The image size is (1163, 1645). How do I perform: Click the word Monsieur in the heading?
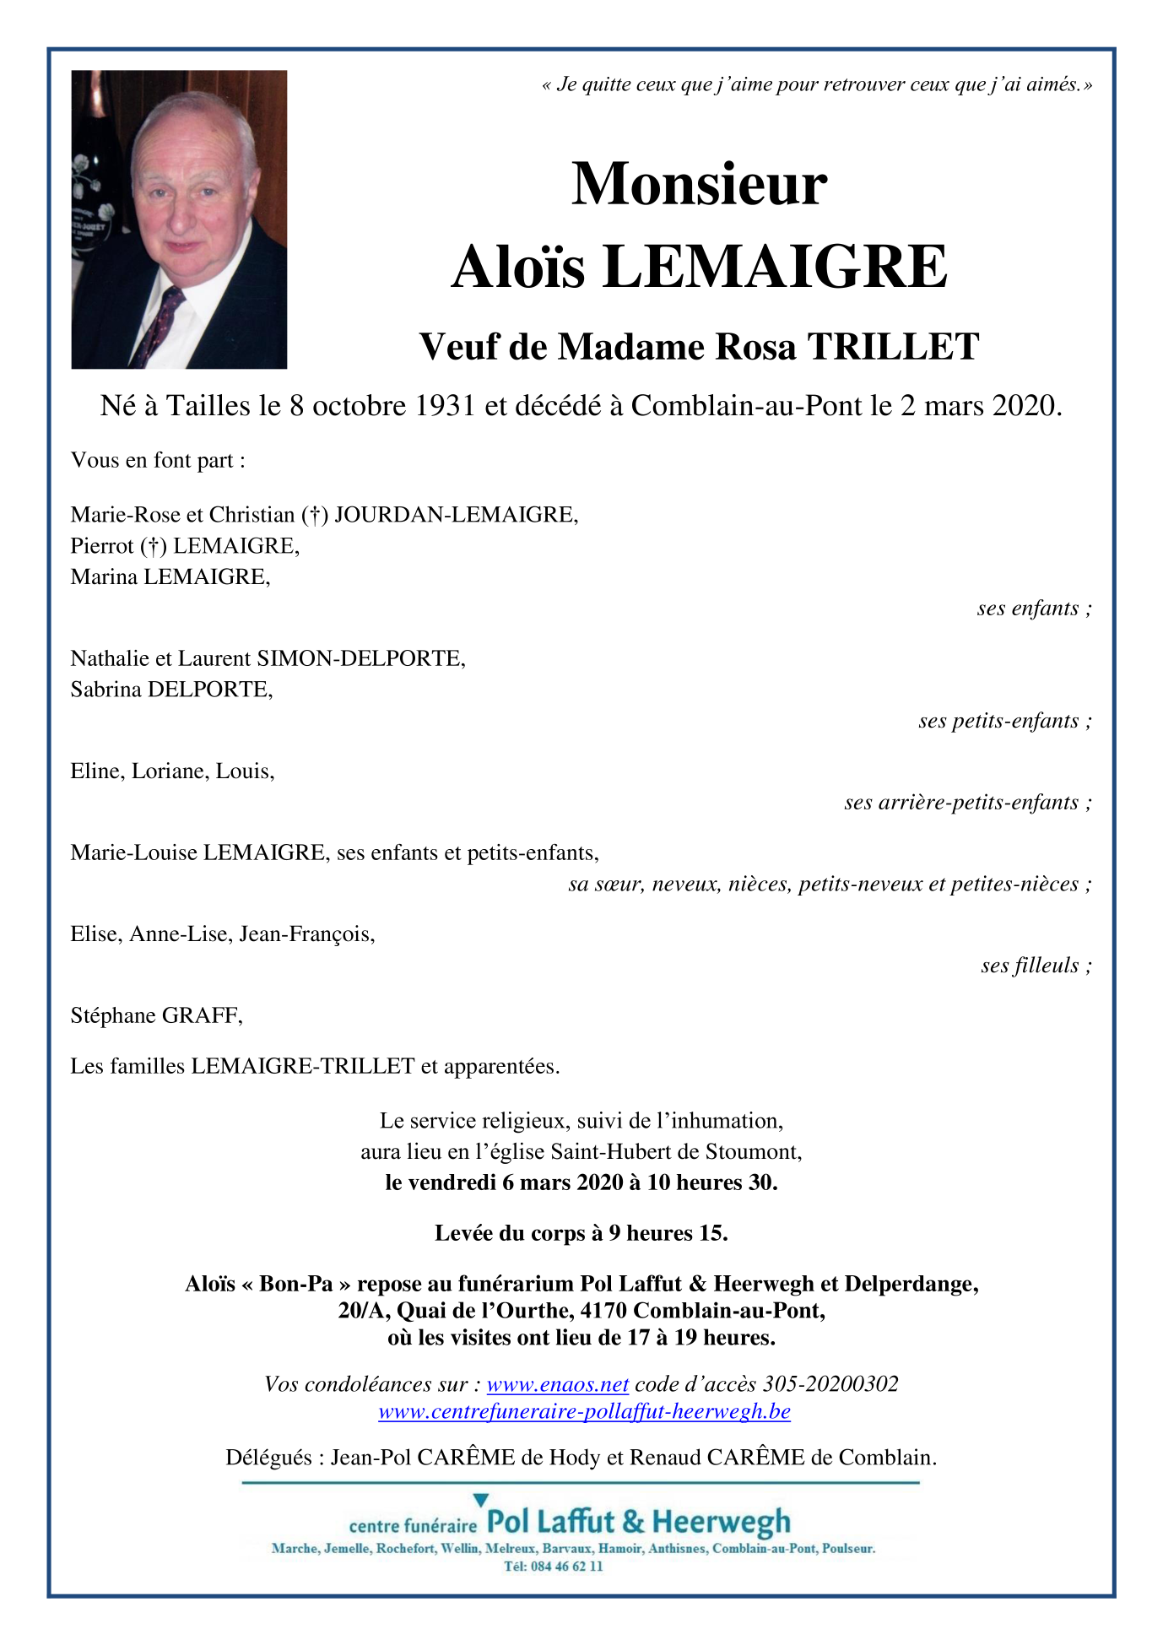tap(699, 184)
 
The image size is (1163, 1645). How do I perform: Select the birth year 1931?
tap(445, 406)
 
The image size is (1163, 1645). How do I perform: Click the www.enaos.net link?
tap(557, 1384)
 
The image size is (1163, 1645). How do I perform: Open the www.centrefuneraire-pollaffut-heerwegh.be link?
tap(584, 1411)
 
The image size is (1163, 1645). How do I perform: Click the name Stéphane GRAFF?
tap(156, 1015)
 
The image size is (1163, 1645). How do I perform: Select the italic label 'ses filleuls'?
tap(1030, 966)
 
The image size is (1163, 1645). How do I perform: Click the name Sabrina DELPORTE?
tap(170, 690)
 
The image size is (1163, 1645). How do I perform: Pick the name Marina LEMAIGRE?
tap(169, 577)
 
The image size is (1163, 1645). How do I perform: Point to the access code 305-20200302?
tap(830, 1384)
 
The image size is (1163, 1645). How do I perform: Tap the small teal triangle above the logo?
tap(480, 1500)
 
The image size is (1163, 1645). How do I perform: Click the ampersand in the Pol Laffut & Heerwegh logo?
tap(633, 1522)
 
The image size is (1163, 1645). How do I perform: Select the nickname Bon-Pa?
tap(296, 1284)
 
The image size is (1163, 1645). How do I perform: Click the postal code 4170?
tap(604, 1311)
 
